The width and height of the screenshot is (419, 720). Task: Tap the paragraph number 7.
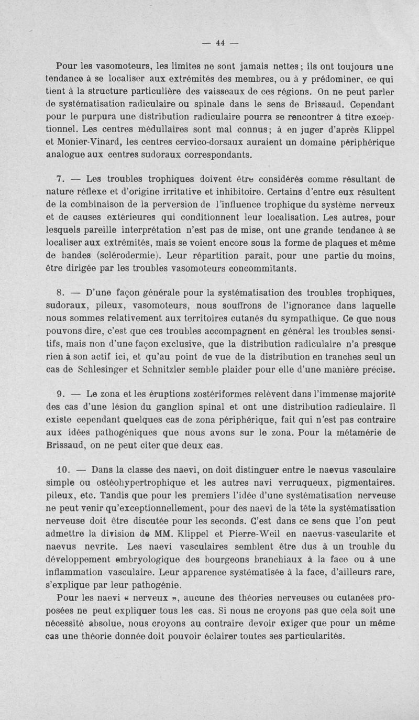click(60, 178)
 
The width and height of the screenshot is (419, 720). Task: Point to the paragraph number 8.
click(60, 292)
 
